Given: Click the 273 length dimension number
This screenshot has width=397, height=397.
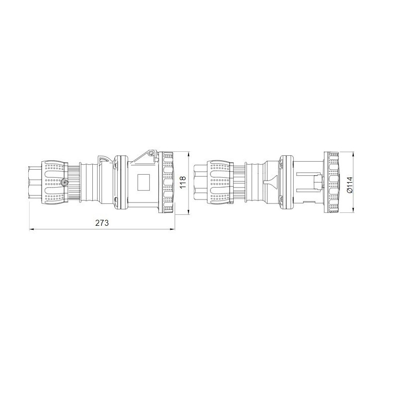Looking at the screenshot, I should pyautogui.click(x=102, y=223).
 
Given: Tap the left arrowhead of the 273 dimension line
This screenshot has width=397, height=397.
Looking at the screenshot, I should pyautogui.click(x=31, y=229).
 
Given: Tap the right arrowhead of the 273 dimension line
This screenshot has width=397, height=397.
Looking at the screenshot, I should pyautogui.click(x=172, y=229).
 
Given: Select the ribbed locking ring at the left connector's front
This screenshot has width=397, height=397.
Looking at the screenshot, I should pyautogui.click(x=168, y=183).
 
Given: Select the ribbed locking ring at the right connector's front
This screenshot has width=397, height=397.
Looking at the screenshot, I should pyautogui.click(x=331, y=183).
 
